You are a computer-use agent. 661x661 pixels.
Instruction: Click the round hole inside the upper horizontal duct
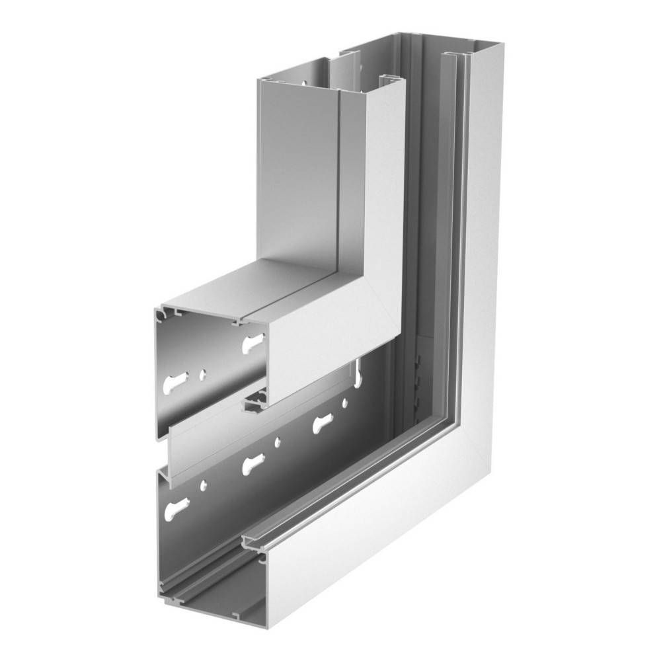pyautogui.click(x=203, y=375)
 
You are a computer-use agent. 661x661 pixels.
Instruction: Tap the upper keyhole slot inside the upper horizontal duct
pyautogui.click(x=253, y=344)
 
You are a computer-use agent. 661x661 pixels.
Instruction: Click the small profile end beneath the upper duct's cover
pyautogui.click(x=254, y=402)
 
